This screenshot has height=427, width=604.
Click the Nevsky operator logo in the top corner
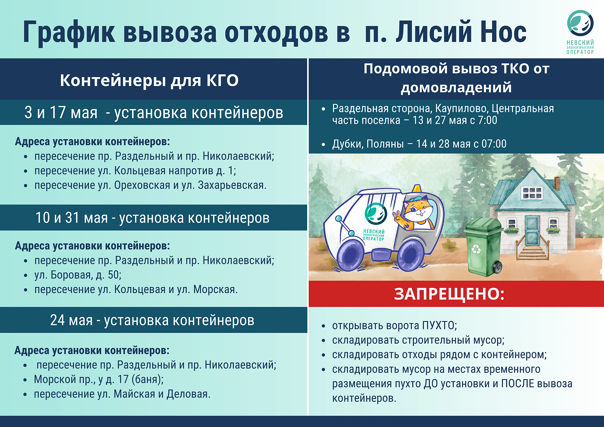click(580, 32)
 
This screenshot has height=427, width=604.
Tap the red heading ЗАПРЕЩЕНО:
click(449, 294)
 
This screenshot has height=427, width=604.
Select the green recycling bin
click(483, 247)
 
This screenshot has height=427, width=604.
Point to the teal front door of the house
click(532, 231)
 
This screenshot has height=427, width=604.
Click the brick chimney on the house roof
click(557, 183)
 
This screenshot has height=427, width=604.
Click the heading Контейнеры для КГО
click(149, 80)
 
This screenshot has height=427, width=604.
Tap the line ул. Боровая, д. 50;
click(78, 275)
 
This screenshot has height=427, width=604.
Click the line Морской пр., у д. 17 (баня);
click(99, 380)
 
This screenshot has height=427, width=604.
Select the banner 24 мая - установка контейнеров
click(152, 320)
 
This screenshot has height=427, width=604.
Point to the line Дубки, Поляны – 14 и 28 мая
click(419, 144)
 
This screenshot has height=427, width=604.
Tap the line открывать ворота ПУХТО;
click(394, 325)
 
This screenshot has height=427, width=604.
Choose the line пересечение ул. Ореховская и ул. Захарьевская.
click(151, 185)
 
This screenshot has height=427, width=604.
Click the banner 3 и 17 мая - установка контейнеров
click(154, 112)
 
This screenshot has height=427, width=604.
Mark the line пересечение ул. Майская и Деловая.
click(122, 394)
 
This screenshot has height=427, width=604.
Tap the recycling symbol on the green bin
click(476, 249)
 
